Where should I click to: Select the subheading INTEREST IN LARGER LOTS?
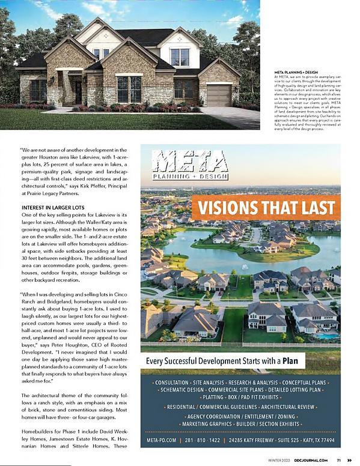pyautogui.click(x=52, y=208)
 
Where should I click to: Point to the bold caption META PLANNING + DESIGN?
pyautogui.click(x=290, y=71)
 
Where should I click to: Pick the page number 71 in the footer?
pyautogui.click(x=339, y=460)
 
